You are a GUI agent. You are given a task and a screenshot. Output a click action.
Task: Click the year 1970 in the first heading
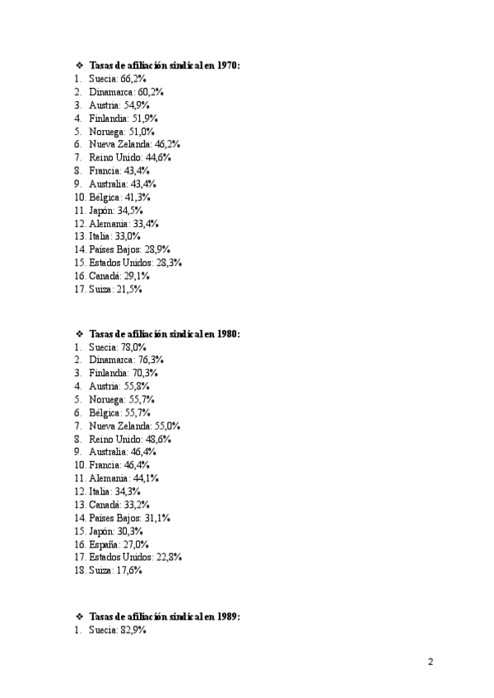click(227, 65)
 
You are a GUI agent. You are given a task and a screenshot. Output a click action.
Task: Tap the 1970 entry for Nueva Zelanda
click(135, 144)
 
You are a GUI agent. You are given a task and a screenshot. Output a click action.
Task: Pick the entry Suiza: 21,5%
click(115, 289)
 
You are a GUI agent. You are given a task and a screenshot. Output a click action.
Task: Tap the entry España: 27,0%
click(119, 544)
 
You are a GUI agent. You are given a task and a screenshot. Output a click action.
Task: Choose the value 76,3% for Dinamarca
click(151, 360)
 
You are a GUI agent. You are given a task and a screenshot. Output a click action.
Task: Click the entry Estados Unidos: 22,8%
click(135, 557)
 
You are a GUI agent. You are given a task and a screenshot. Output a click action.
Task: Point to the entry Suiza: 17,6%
click(115, 570)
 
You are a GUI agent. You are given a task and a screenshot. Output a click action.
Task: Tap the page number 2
click(431, 662)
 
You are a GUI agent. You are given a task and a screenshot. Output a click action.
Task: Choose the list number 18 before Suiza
click(80, 570)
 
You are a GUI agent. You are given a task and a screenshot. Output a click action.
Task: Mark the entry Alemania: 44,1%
click(124, 478)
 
